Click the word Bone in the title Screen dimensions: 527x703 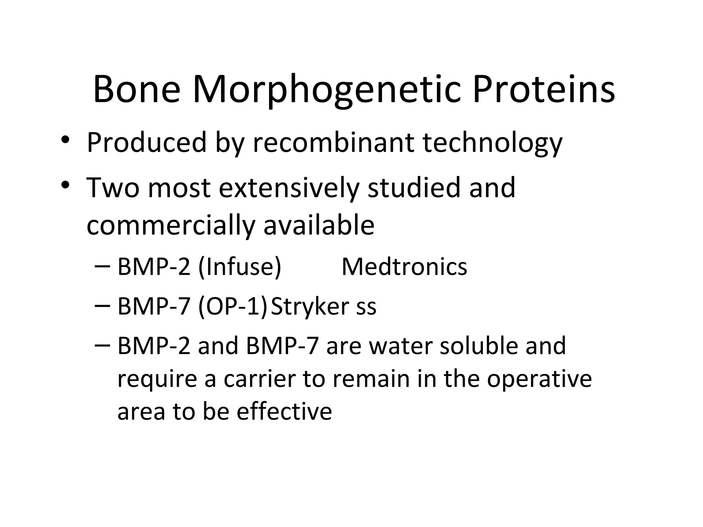pyautogui.click(x=136, y=90)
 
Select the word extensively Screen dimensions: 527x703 pyautogui.click(x=289, y=188)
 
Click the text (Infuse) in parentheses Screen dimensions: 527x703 pyautogui.click(x=240, y=267)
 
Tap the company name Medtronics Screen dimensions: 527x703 pyautogui.click(x=404, y=267)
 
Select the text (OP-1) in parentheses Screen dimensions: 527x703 pyautogui.click(x=232, y=306)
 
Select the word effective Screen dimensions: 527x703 pyautogui.click(x=284, y=411)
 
